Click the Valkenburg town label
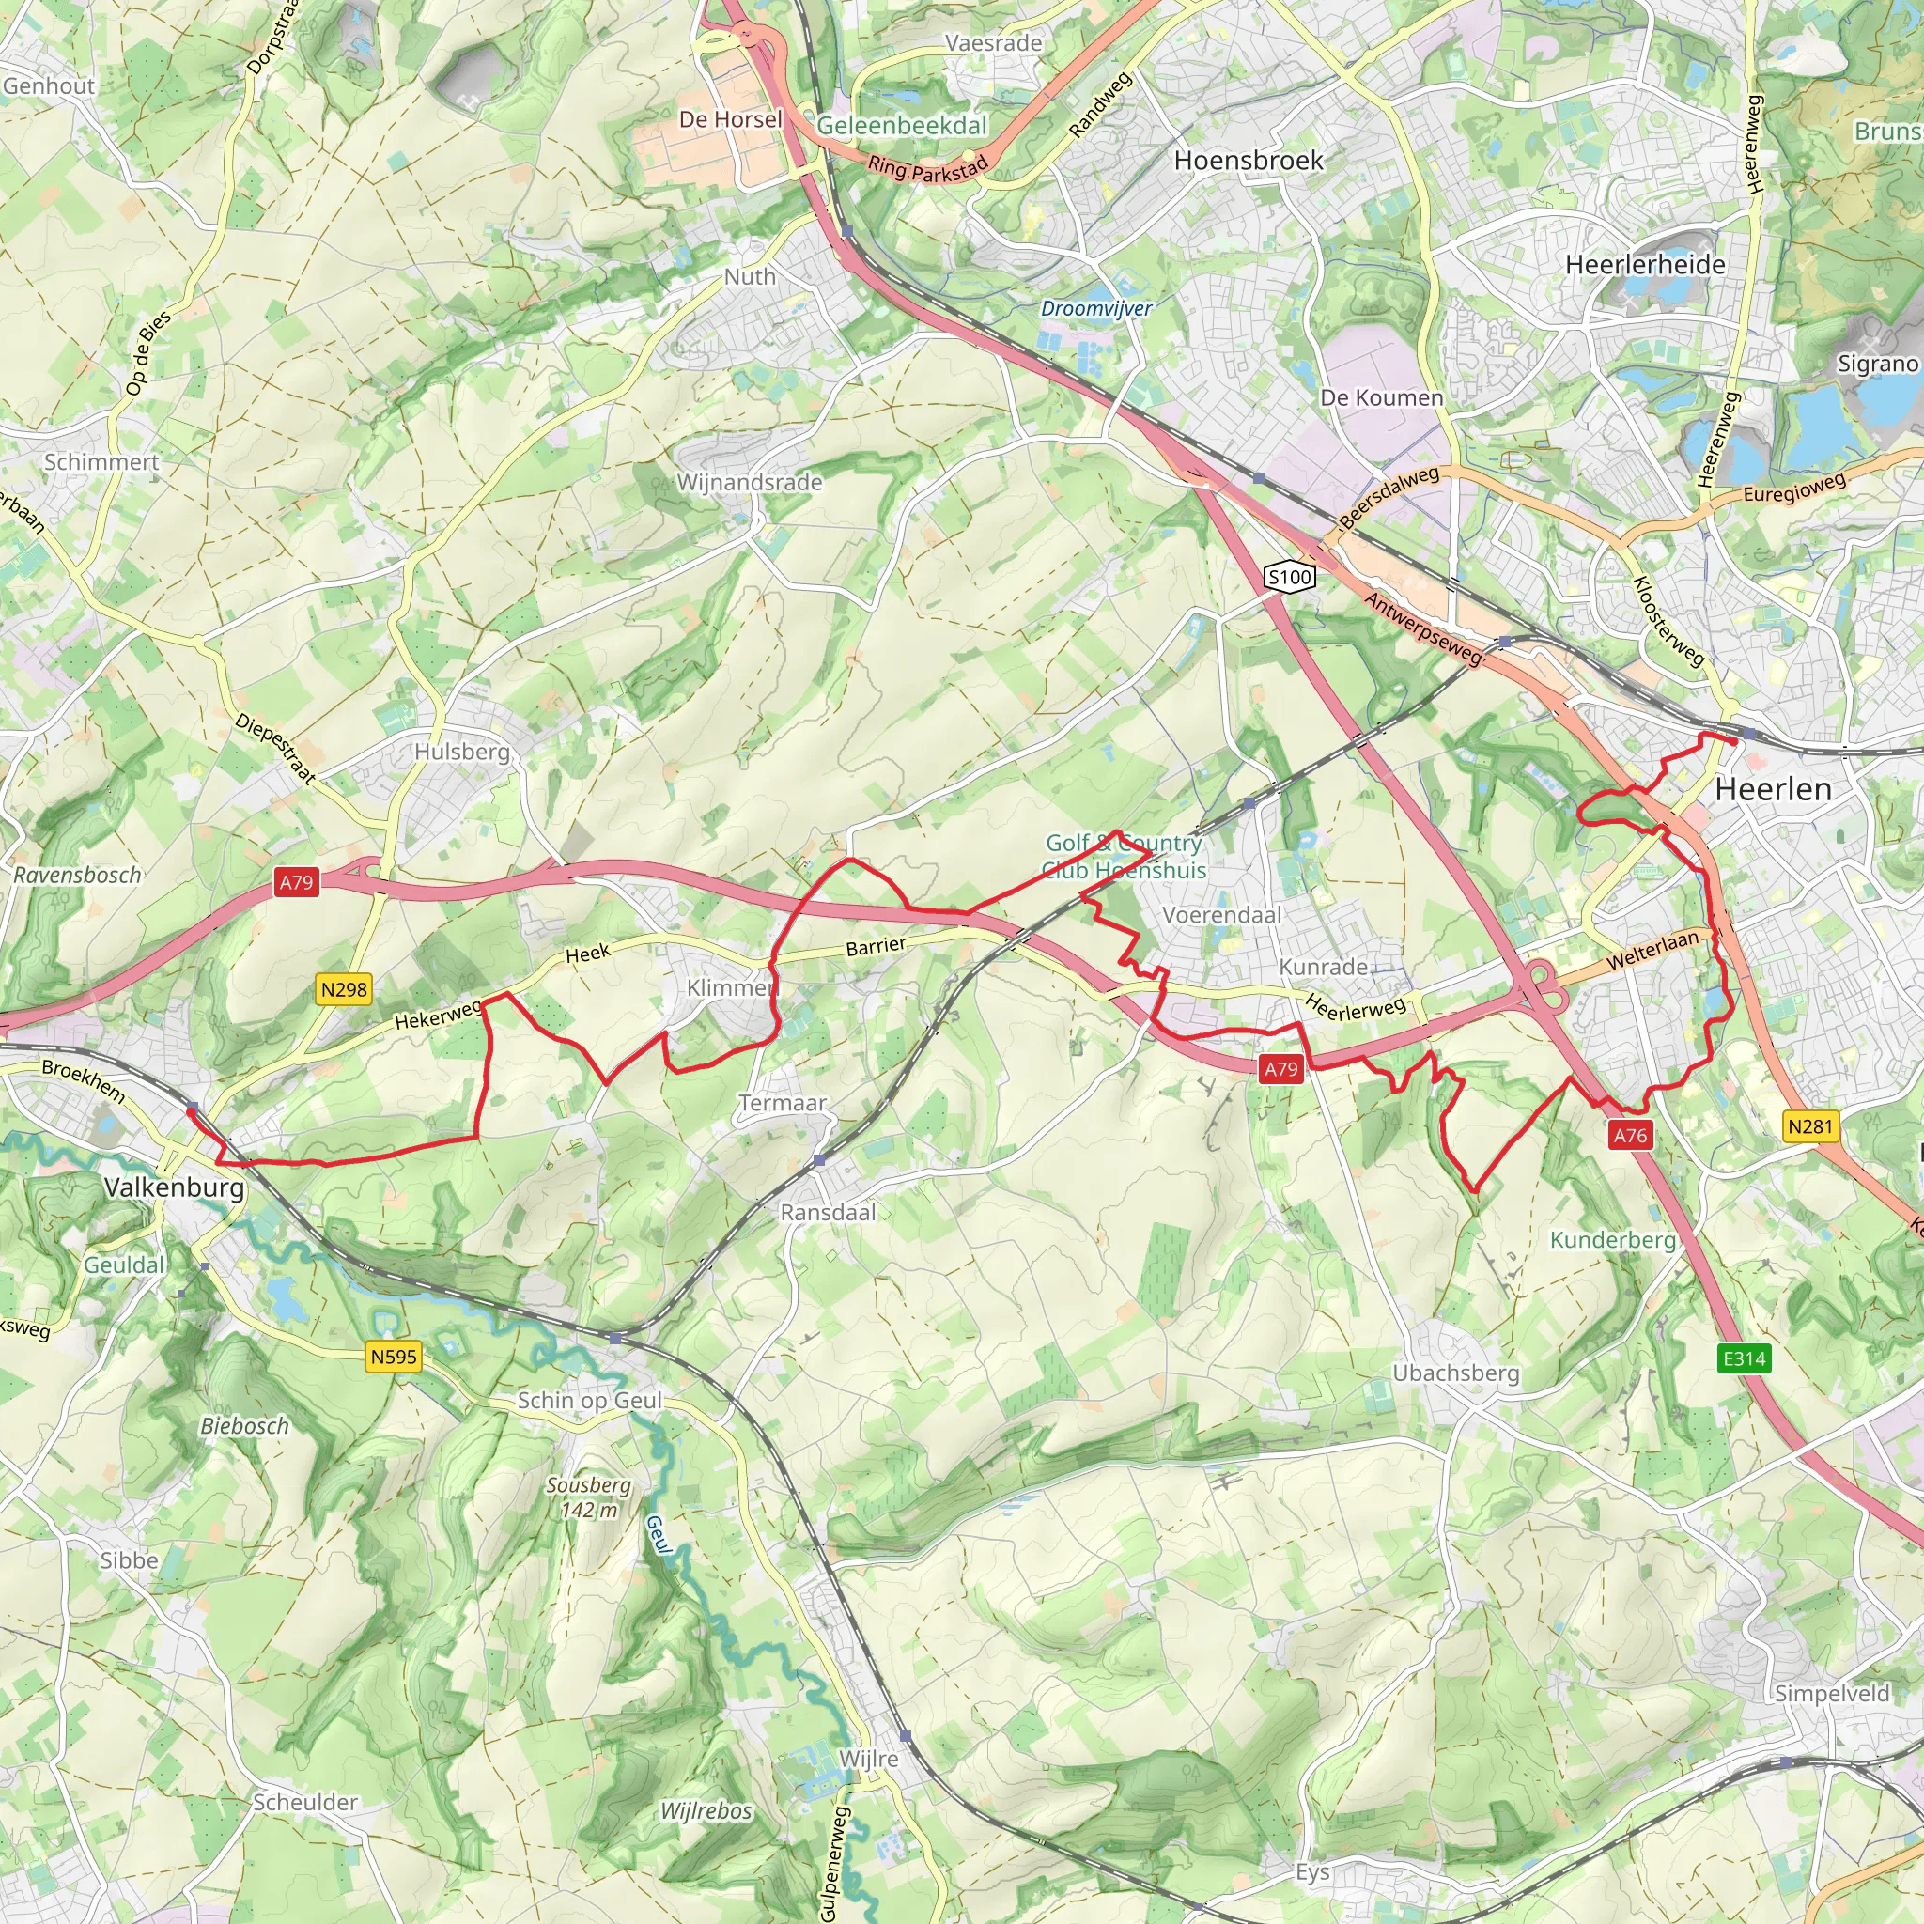pos(175,1187)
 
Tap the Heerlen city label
pos(1773,790)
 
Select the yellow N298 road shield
pos(344,990)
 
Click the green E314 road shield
pos(1744,1358)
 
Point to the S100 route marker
pos(1290,577)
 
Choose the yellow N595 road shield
pos(394,1357)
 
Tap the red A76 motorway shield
pos(1630,1135)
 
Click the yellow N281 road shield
pos(1809,1126)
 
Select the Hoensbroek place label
pos(1249,161)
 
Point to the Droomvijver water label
pos(1096,309)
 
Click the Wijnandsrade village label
pos(749,482)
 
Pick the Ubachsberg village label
pos(1455,1373)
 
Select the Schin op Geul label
pos(590,1400)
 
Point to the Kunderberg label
pos(1612,1240)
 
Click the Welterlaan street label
pos(1652,950)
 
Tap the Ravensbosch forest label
pos(77,876)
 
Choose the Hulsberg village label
pos(462,752)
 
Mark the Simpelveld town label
pos(1832,1694)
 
